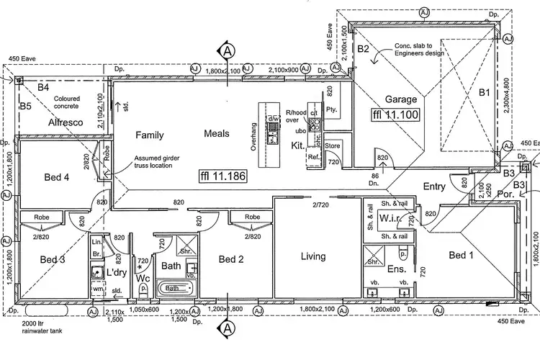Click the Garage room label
click(x=402, y=99)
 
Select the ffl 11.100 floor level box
click(x=395, y=114)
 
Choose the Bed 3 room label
click(x=52, y=260)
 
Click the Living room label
click(x=313, y=256)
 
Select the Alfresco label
click(x=66, y=123)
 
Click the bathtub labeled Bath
click(x=173, y=288)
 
